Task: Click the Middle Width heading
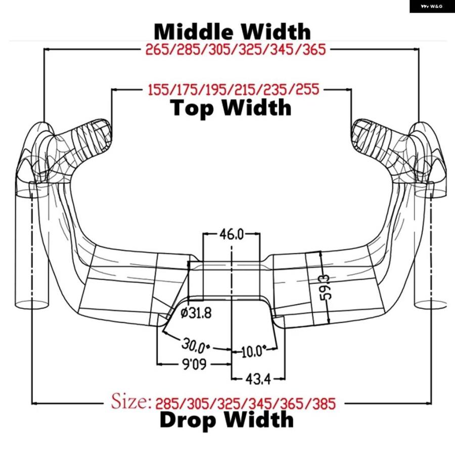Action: point(232,31)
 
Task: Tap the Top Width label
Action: point(231,108)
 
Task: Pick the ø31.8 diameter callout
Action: point(196,313)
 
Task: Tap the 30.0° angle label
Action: point(195,344)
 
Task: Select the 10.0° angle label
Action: point(253,351)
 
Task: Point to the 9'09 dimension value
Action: point(194,364)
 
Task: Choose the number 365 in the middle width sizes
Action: point(314,50)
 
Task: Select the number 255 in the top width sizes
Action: point(307,89)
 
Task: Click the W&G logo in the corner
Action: point(432,7)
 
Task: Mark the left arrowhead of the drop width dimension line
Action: point(34,403)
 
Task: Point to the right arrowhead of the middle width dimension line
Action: point(416,50)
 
